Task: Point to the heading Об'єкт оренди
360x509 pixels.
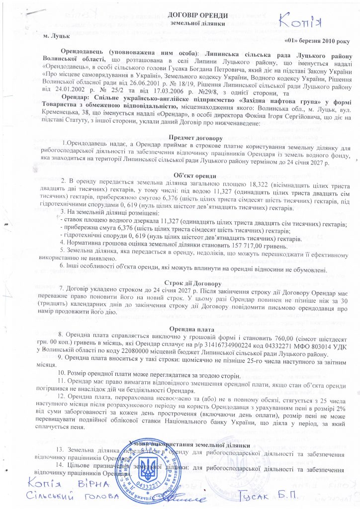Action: [180, 176]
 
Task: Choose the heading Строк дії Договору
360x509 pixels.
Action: [180, 282]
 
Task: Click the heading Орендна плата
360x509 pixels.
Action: [180, 329]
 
